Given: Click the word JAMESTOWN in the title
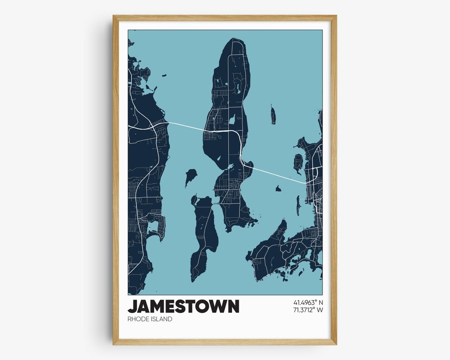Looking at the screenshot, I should tap(183, 306).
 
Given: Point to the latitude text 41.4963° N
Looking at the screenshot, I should tap(308, 302).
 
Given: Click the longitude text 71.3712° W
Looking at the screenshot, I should tap(308, 310).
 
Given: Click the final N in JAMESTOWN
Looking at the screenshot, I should tap(234, 306).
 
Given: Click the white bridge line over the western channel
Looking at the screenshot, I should tap(185, 126).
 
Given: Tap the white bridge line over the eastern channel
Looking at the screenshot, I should tap(275, 174).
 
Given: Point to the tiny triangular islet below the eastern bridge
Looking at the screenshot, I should tap(278, 189).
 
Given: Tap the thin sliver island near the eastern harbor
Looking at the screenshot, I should tap(298, 205).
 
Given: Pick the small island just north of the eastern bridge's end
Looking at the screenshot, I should tap(298, 162).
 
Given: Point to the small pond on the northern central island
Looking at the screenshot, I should tap(232, 120).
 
